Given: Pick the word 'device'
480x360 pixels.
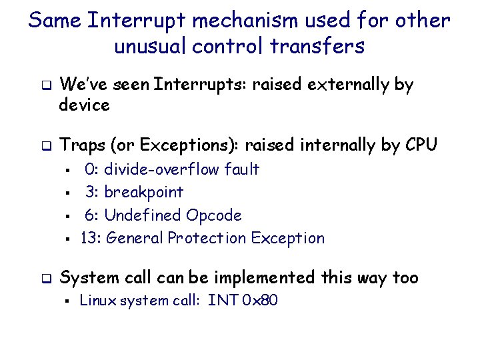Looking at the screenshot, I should [84, 105].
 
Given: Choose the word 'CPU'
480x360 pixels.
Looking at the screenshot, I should [420, 144].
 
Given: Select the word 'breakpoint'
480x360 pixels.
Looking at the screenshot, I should [143, 192].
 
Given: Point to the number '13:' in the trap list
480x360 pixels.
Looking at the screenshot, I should [90, 238].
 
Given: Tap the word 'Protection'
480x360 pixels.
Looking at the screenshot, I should [207, 238].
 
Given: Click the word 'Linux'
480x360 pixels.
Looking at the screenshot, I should [95, 301].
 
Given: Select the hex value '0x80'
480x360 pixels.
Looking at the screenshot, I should [260, 301].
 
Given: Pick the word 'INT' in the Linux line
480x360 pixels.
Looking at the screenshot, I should [222, 301].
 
